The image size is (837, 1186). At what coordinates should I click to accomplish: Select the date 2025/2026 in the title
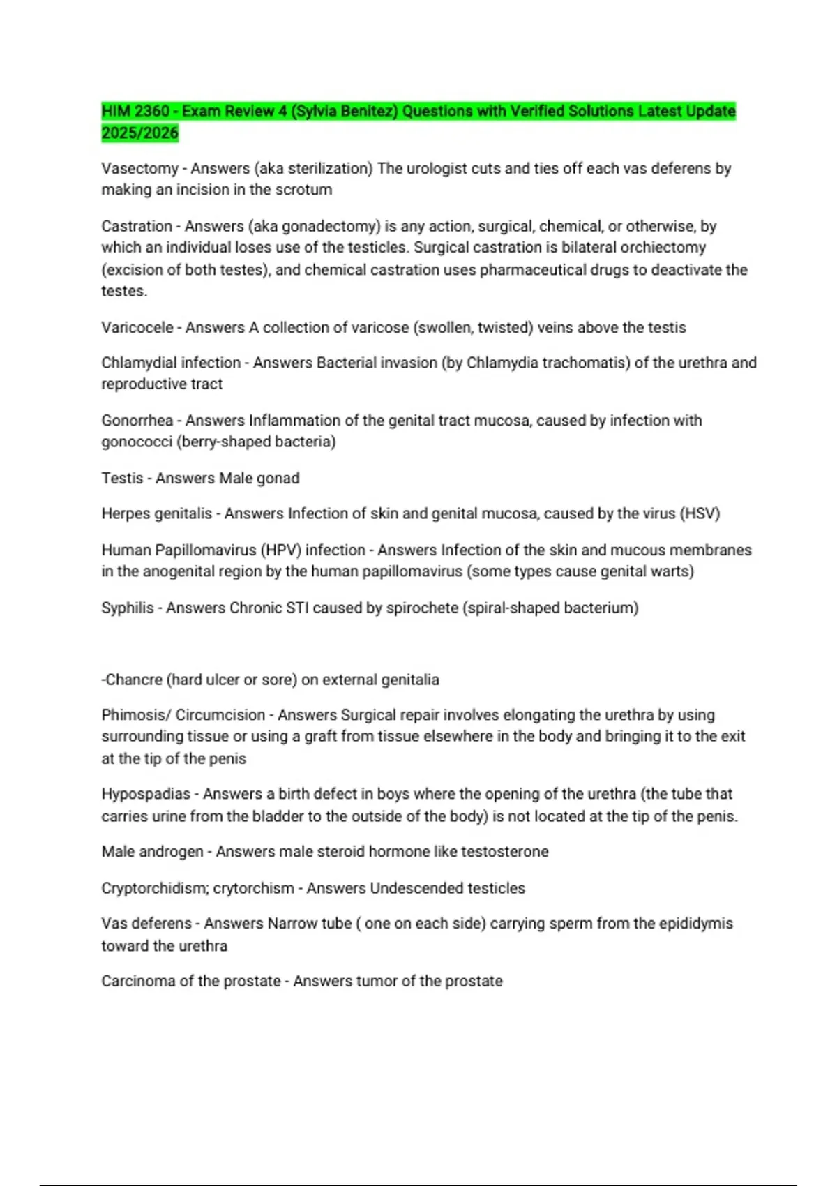click(x=139, y=133)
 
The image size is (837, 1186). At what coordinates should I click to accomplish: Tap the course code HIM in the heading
click(x=116, y=112)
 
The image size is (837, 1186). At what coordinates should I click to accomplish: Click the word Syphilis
click(x=127, y=608)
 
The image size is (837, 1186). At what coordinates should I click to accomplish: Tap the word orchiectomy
click(x=663, y=248)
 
